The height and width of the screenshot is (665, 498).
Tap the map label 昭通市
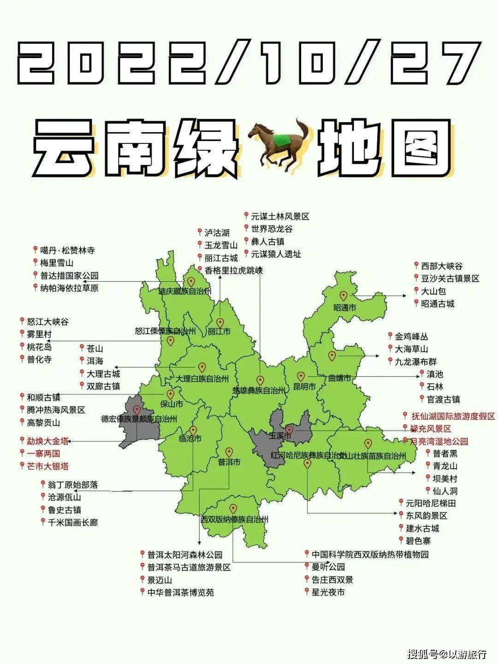[x=344, y=307]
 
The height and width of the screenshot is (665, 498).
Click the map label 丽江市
[x=219, y=331]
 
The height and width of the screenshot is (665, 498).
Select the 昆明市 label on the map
[x=304, y=387]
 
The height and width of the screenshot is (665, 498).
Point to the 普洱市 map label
[x=229, y=462]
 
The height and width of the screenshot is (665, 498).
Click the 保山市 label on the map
[x=171, y=404]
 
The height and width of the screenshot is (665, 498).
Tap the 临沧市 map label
[x=190, y=439]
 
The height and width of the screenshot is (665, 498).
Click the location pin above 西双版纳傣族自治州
[x=233, y=509]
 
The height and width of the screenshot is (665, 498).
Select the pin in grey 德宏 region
[x=136, y=409]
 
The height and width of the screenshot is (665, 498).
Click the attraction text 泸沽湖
[x=217, y=233]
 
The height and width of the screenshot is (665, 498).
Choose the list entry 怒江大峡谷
[x=47, y=322]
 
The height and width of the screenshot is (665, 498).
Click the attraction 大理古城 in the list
[x=103, y=374]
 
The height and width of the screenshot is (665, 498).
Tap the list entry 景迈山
[x=160, y=580]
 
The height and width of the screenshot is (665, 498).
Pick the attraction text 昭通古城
[x=438, y=304]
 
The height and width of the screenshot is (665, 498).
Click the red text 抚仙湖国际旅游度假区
[x=453, y=416]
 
